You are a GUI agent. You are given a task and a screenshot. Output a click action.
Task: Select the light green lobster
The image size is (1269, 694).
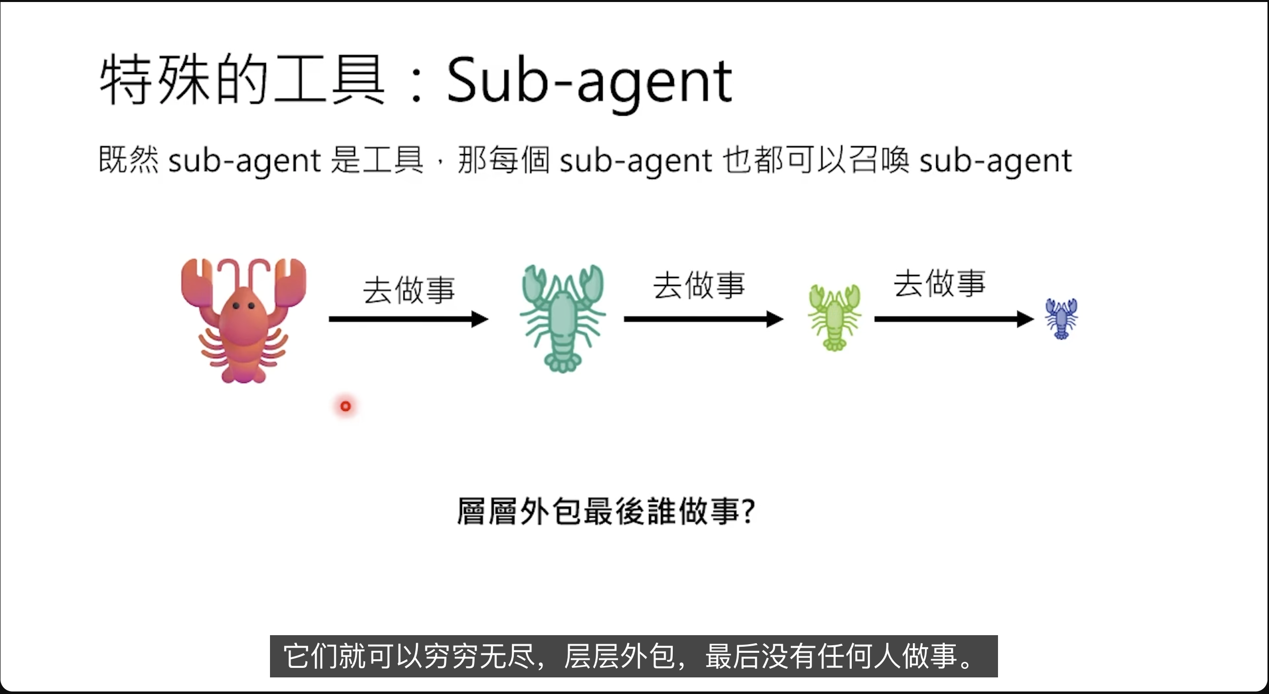pos(835,318)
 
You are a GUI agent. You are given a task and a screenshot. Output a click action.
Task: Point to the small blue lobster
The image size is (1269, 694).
pos(1061,319)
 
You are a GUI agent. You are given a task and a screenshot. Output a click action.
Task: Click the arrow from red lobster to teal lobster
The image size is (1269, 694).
pos(408,319)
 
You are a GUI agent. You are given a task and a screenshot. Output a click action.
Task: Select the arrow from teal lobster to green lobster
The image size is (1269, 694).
pos(703,319)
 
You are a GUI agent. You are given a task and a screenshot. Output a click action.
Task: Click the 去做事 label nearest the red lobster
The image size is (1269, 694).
pos(409,290)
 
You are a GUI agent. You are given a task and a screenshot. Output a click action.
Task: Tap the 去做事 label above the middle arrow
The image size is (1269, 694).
pos(699,285)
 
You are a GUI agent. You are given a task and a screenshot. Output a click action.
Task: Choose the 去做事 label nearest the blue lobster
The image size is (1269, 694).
pos(939,283)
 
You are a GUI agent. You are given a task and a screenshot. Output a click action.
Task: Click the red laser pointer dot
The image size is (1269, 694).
pos(345,406)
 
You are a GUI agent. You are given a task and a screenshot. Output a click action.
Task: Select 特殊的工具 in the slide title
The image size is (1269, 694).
pos(241,80)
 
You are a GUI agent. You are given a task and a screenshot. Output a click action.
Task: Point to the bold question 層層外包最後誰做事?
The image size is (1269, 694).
pos(605,511)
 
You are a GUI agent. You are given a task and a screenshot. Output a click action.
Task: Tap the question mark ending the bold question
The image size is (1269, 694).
pos(748,511)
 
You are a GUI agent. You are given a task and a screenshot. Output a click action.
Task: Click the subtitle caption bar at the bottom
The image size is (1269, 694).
pos(633,656)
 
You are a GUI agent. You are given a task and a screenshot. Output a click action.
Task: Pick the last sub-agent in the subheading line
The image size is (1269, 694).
pos(995,161)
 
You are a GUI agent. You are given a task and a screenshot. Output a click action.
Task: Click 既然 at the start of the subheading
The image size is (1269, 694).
pos(129,160)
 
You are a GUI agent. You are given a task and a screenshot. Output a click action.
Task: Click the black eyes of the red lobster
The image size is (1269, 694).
pos(243,305)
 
